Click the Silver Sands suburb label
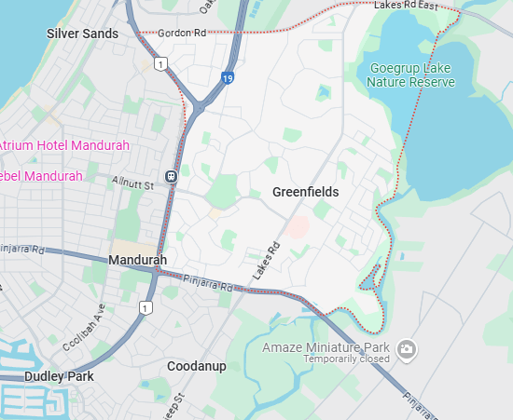(82, 34)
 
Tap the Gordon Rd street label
(182, 33)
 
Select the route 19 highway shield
(228, 79)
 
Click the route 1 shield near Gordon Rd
(161, 63)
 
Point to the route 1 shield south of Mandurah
(145, 306)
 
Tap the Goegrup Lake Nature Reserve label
(410, 75)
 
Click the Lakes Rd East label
(406, 6)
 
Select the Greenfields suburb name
(306, 192)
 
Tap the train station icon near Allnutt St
(171, 176)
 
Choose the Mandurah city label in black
(137, 260)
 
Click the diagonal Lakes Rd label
(266, 263)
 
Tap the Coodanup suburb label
(196, 366)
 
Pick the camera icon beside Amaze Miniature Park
(406, 350)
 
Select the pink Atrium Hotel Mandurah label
(64, 146)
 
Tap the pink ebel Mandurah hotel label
(41, 176)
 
